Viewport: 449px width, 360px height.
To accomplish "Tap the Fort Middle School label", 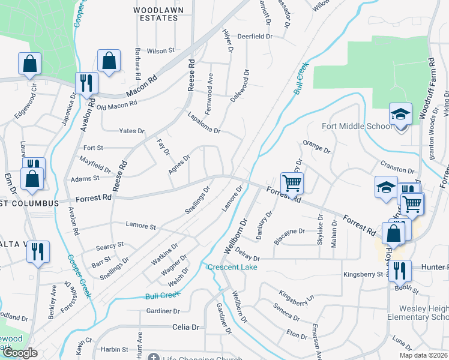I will pos(357,126).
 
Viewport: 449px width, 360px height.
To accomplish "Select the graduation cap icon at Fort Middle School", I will pos(400,114).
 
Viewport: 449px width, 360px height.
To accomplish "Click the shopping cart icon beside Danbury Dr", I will pos(292,182).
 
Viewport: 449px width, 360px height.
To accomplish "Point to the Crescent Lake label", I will pos(232,267).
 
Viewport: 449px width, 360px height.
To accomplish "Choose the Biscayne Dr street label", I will pos(289,231).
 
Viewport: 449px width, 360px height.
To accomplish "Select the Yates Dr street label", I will pos(131,131).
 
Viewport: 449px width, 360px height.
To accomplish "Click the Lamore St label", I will pos(140,226).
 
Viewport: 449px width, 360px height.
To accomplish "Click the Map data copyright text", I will pos(423,355).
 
